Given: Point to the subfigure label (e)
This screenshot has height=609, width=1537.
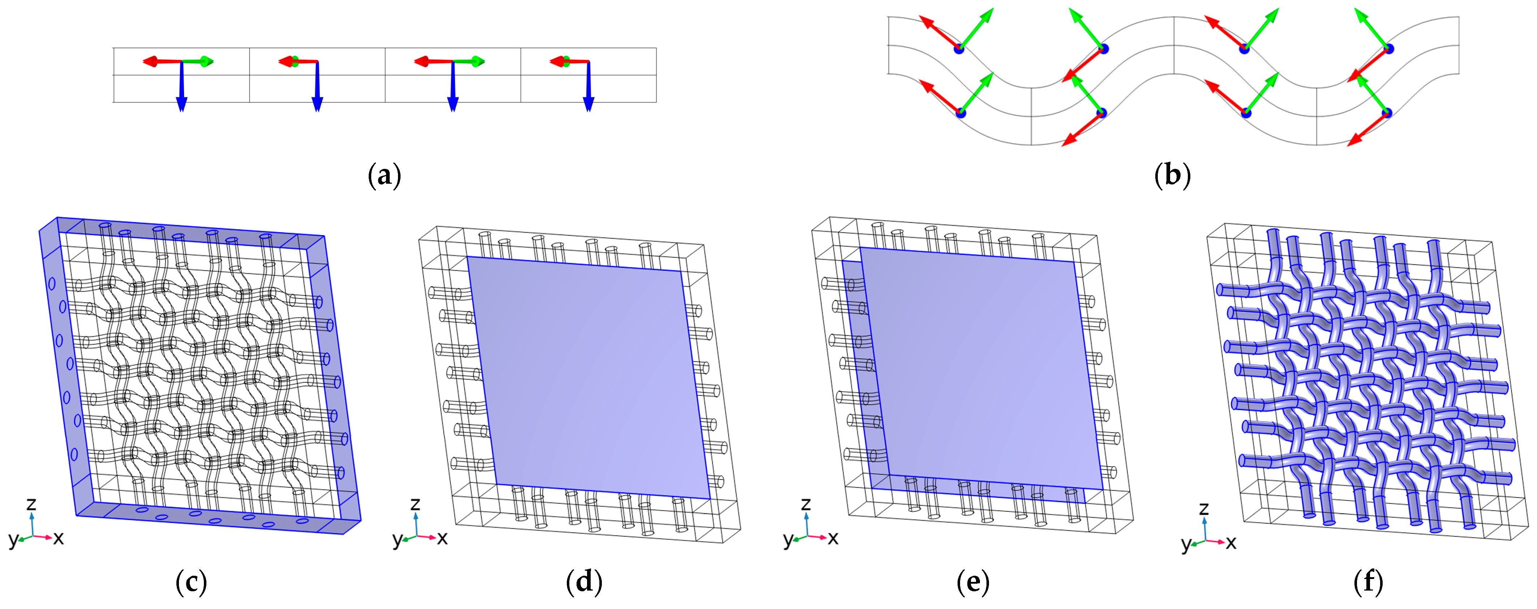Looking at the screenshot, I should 973,581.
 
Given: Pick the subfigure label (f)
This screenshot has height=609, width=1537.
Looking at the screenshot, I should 1368,581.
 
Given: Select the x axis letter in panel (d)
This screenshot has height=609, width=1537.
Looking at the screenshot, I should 442,538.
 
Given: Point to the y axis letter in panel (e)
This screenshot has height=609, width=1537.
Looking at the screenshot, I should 789,540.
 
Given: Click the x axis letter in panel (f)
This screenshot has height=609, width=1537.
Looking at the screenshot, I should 1231,543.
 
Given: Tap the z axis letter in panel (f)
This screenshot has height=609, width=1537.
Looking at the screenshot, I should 1204,509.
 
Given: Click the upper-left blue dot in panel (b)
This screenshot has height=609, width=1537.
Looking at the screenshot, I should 959,49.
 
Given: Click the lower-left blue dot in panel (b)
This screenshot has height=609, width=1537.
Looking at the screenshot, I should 960,113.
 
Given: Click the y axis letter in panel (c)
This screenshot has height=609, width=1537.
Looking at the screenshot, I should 13,540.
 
